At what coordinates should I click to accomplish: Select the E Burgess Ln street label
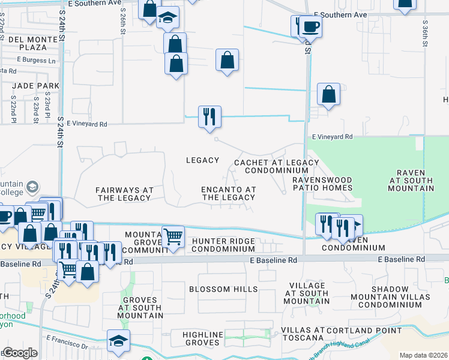point(36,60)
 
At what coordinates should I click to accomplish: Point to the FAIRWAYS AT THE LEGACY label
point(124,194)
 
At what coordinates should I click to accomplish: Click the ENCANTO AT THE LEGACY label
point(228,193)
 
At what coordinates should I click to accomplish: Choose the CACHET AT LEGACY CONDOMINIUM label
point(276,166)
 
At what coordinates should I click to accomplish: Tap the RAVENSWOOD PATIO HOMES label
point(322,184)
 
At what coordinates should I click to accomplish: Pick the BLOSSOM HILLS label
point(218,289)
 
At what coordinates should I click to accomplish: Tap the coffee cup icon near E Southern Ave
point(310,26)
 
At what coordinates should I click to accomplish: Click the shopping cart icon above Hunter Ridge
point(173,236)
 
